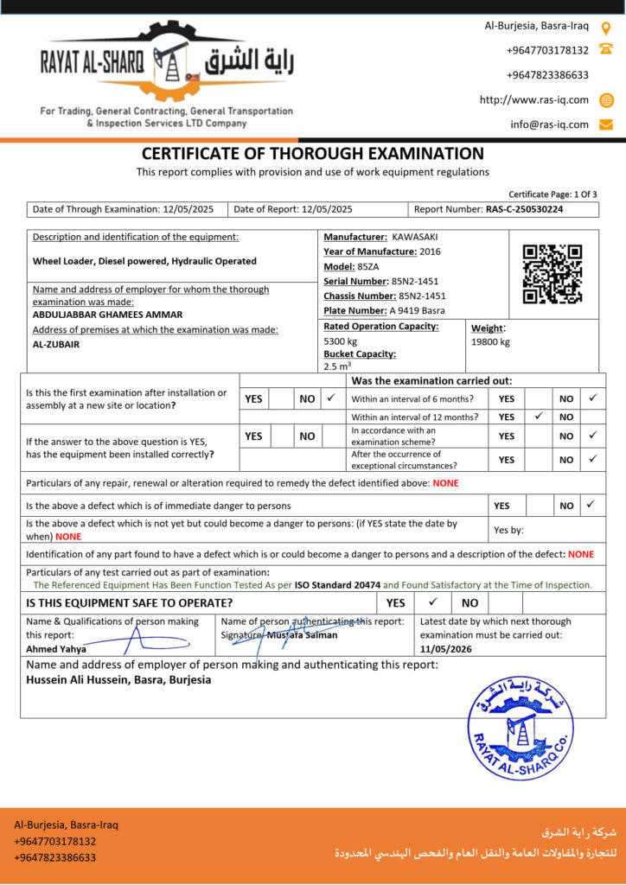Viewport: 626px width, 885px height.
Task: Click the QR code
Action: [x=552, y=274]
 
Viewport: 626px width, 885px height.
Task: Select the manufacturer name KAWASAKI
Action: [x=415, y=237]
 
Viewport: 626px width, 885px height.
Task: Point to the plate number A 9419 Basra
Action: [x=418, y=310]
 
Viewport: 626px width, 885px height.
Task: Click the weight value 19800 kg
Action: [x=490, y=341]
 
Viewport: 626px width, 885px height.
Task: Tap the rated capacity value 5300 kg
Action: [x=340, y=341]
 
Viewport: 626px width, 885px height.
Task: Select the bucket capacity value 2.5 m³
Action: [x=337, y=366]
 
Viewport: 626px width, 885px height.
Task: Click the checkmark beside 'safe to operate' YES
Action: [x=433, y=602]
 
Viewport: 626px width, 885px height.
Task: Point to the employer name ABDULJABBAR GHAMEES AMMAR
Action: [x=107, y=315]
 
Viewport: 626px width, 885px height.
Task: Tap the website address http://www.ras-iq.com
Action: [x=534, y=99]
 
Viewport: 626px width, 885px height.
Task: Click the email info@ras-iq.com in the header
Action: [x=549, y=124]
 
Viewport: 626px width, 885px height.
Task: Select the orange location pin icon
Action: [x=606, y=27]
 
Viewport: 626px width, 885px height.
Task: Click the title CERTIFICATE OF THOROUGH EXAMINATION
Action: [x=313, y=154]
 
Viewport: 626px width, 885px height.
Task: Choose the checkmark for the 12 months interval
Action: [x=538, y=416]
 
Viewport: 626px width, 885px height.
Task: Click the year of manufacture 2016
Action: [x=430, y=251]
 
